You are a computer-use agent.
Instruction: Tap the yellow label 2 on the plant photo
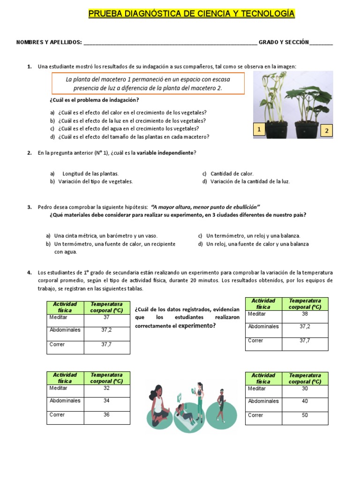click(327, 131)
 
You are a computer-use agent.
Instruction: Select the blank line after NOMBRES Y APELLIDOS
click(170, 43)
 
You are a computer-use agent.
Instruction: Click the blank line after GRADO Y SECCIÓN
click(321, 43)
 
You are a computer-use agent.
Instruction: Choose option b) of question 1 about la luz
click(132, 120)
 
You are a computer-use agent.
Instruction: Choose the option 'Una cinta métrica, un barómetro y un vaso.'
click(106, 236)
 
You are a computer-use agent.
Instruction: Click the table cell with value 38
click(305, 314)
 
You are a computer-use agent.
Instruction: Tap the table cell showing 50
click(305, 415)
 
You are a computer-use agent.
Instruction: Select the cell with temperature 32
click(106, 388)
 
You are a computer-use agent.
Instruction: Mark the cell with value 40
click(305, 401)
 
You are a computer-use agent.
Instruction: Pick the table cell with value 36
click(106, 415)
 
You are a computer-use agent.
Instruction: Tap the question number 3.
click(29, 207)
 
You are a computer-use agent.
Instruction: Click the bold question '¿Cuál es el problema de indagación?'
click(94, 100)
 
